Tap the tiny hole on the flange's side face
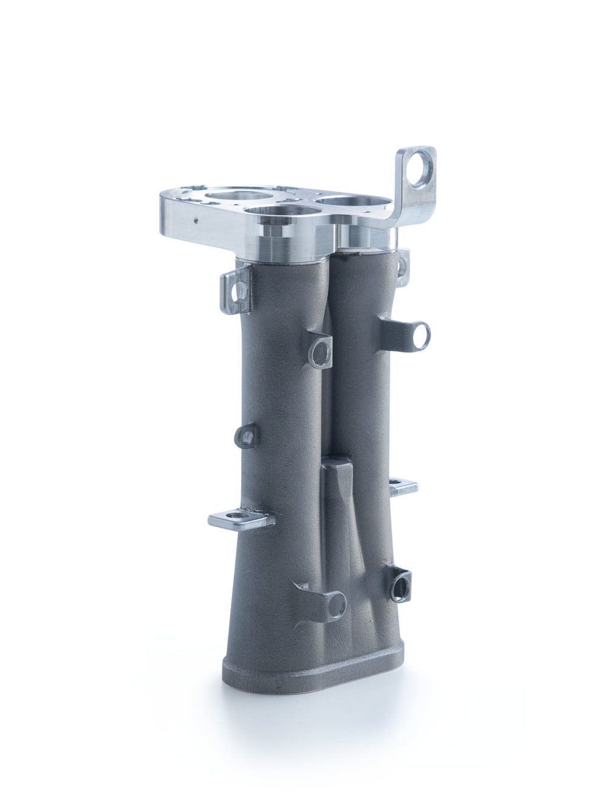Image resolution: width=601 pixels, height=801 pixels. (195, 221)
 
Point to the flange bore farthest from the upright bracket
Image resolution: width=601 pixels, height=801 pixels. (232, 196)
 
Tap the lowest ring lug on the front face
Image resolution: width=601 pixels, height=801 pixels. (334, 601)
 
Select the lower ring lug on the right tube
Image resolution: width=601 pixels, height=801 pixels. (400, 583)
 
